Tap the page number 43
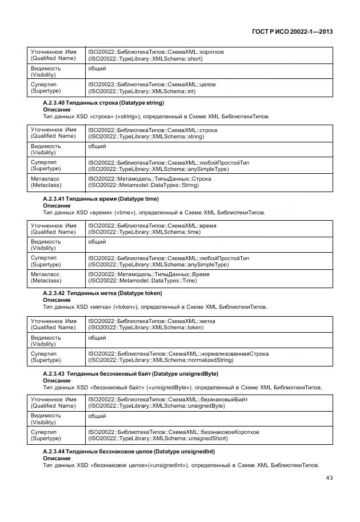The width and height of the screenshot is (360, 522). click(x=329, y=478)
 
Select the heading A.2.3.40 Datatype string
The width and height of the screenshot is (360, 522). click(x=103, y=103)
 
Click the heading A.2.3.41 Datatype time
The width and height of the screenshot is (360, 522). click(x=101, y=199)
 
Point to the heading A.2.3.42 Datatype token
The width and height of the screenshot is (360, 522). click(x=102, y=293)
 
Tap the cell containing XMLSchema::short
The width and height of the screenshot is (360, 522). click(x=209, y=55)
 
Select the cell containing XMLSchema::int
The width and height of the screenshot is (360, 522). click(x=209, y=87)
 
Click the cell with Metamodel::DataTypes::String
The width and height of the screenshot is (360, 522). click(x=209, y=182)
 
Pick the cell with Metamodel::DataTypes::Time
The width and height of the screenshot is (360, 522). click(x=209, y=277)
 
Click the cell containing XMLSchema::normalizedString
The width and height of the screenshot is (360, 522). click(x=209, y=357)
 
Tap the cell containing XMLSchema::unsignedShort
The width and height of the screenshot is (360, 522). click(x=209, y=435)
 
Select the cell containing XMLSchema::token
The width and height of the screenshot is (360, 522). click(x=209, y=324)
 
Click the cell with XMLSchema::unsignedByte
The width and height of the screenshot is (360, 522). click(x=209, y=403)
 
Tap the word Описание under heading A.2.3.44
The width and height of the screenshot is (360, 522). click(x=57, y=459)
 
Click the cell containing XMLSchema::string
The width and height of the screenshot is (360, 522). click(x=209, y=133)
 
